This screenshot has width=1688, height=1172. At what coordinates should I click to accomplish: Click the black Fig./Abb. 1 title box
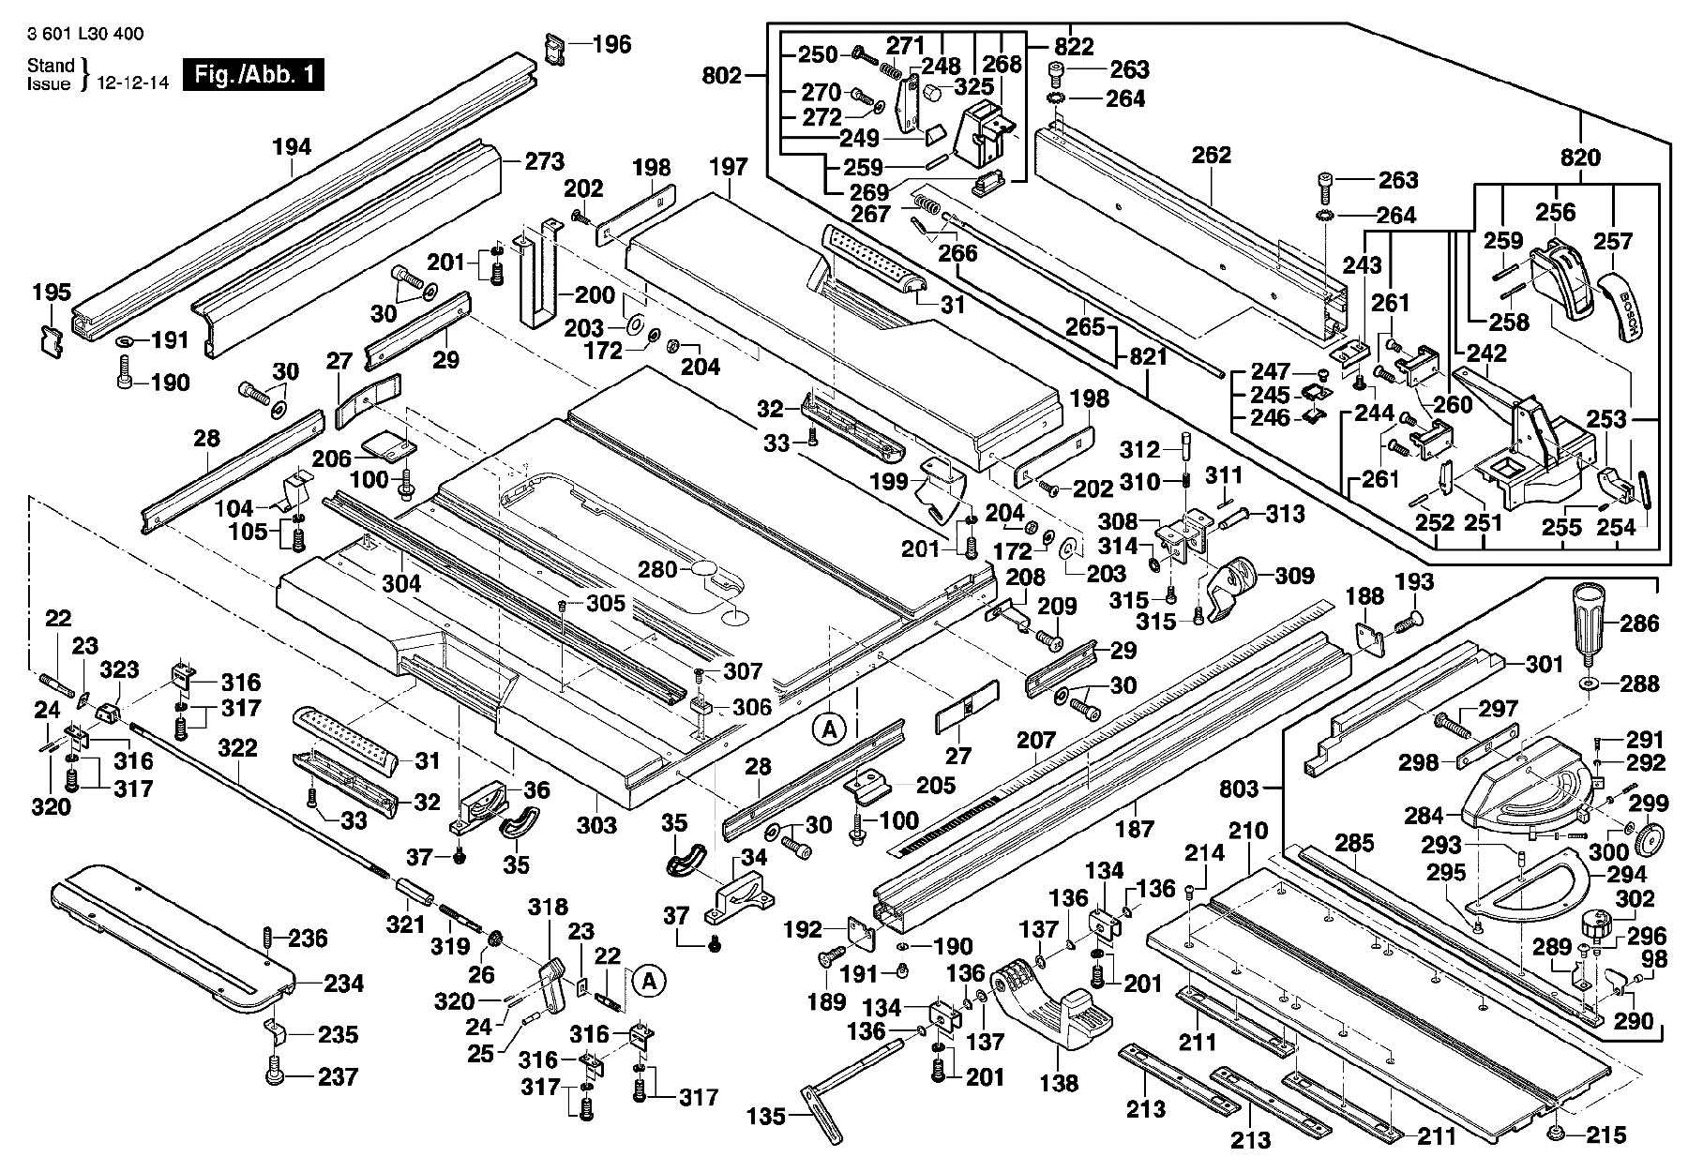(253, 74)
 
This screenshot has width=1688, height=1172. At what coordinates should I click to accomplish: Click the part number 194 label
(292, 147)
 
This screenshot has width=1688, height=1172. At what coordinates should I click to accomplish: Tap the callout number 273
(544, 161)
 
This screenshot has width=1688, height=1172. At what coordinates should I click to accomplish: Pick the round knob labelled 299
(1648, 838)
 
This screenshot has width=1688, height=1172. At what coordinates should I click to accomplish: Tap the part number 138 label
(1059, 1083)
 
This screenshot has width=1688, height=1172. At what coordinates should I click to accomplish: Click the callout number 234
(344, 984)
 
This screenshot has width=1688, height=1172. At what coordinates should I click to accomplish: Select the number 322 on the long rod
(237, 748)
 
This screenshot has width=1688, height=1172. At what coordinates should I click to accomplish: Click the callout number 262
(1211, 155)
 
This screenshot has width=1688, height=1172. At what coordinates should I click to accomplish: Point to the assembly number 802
(721, 75)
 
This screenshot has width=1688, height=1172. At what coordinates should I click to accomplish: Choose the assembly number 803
(1239, 789)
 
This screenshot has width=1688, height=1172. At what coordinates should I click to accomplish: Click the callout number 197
(729, 167)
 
